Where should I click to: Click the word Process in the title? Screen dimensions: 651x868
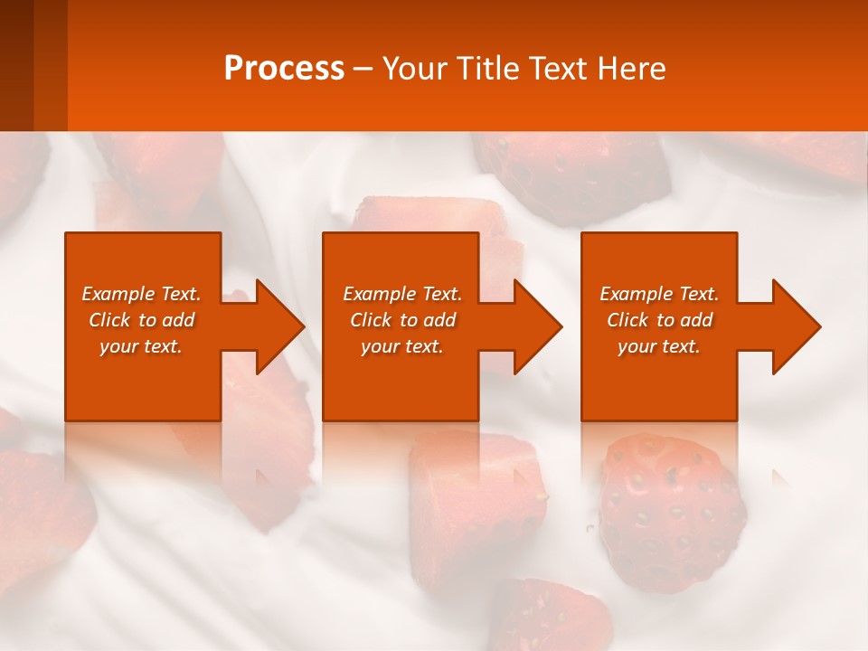284,69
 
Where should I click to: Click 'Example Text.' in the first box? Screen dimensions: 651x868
141,294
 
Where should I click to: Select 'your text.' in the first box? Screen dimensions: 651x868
141,346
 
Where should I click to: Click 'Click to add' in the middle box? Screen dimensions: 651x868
402,320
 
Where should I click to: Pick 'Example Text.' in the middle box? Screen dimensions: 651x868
402,294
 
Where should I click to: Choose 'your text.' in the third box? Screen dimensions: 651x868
659,346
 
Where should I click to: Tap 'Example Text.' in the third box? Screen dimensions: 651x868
659,294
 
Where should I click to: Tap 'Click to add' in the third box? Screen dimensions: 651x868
659,320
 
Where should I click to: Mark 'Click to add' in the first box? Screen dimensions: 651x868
141,320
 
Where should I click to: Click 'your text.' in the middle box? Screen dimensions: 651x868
402,346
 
